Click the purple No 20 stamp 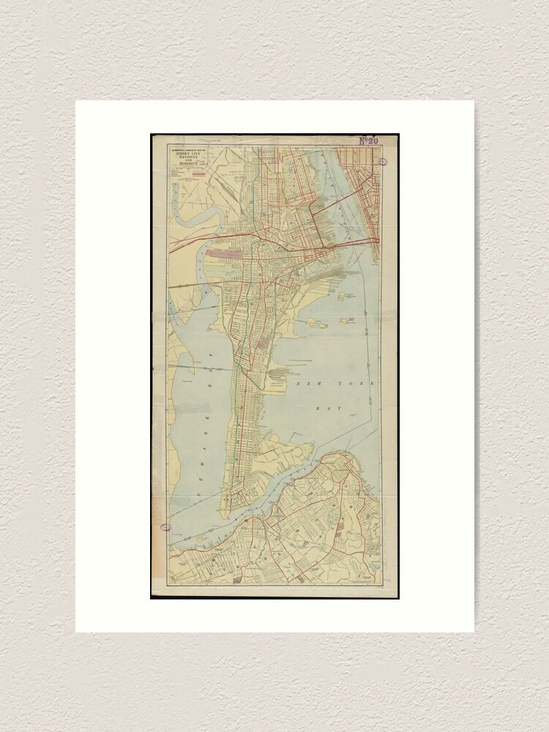(370, 141)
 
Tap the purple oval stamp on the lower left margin (165, 526)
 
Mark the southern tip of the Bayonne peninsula (228, 507)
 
